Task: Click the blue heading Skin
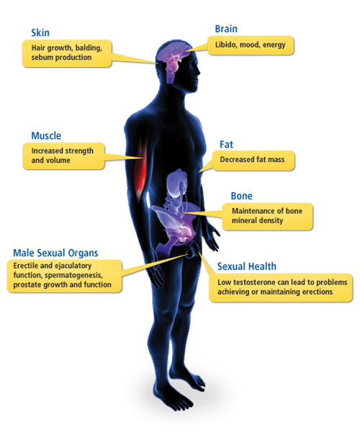(40, 33)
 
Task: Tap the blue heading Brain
(226, 29)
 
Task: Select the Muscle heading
(46, 135)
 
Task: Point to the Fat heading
(226, 145)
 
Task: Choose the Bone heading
(242, 196)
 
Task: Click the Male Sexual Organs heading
(55, 253)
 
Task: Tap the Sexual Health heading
(247, 266)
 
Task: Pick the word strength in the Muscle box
(80, 151)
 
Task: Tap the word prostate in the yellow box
(25, 285)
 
